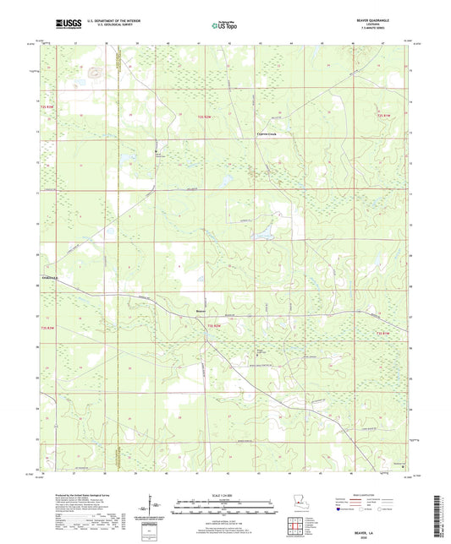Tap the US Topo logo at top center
point(224,26)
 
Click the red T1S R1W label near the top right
point(384,115)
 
